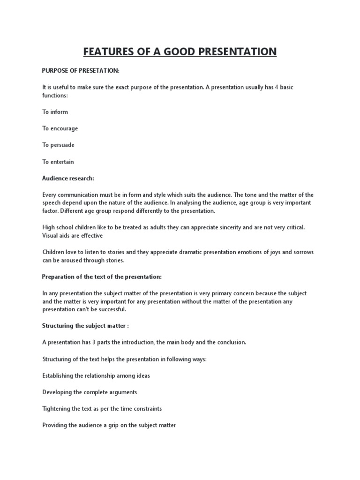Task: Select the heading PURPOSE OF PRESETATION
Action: point(81,70)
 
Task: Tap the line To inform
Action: point(55,112)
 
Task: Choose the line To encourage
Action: point(60,128)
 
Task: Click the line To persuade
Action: point(58,145)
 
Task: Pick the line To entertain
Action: point(58,162)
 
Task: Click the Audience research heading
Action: point(67,179)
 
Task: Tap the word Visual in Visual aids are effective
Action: point(51,235)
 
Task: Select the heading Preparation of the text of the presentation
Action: point(102,277)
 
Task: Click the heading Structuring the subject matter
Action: point(84,326)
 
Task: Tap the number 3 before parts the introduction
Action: point(94,342)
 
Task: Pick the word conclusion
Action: point(229,342)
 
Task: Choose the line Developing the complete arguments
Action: point(90,392)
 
